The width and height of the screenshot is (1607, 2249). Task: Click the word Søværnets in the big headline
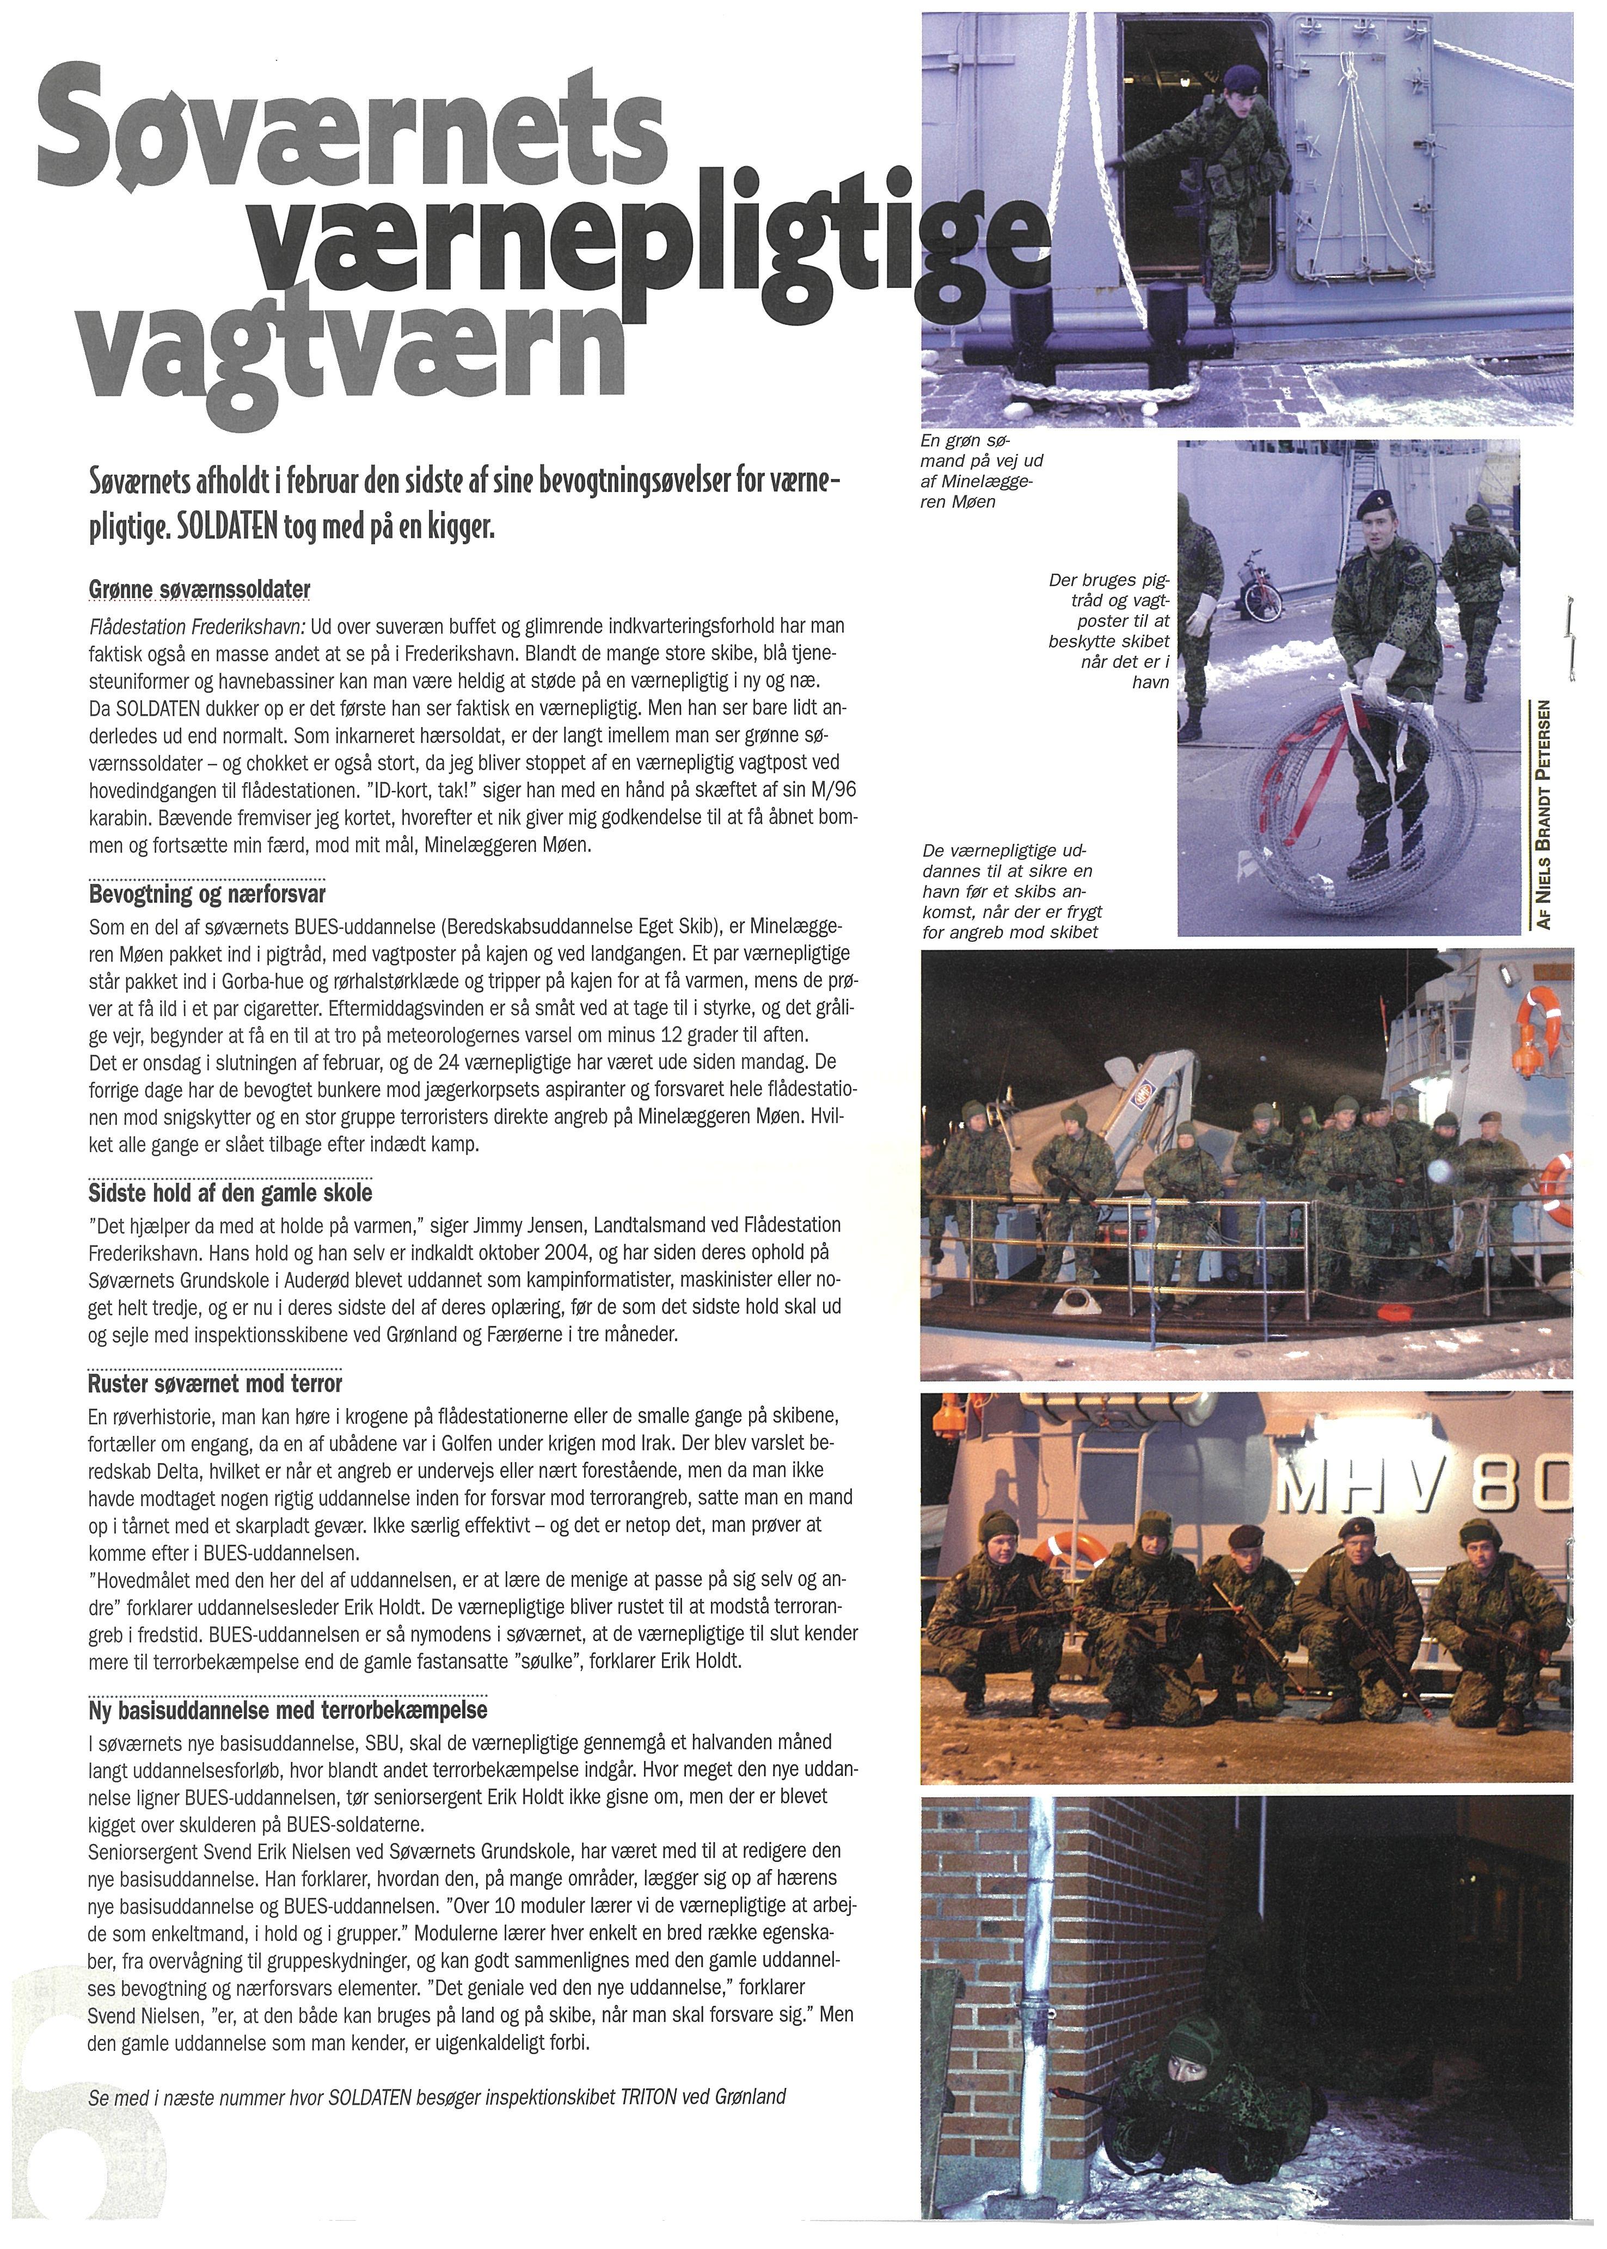(x=351, y=139)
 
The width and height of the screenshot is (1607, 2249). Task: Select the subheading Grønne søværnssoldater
(x=199, y=591)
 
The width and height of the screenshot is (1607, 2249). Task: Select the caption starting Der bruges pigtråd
(x=1110, y=631)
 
